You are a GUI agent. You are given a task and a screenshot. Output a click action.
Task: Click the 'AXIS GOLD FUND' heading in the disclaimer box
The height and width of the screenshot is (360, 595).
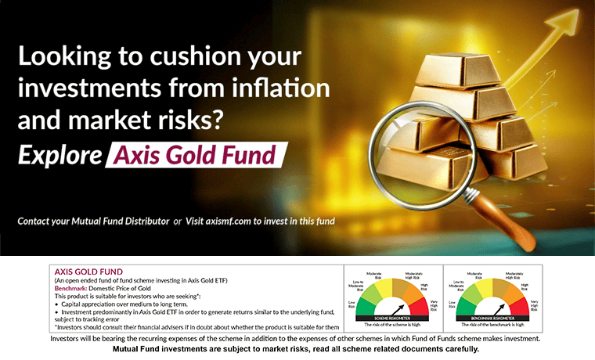tap(83, 271)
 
